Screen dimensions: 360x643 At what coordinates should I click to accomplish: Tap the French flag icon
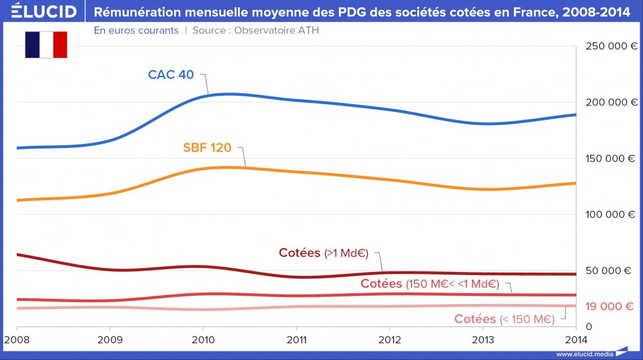(x=46, y=44)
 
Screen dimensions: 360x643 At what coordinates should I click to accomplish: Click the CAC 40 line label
(x=170, y=75)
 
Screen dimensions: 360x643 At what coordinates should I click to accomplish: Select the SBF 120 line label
(x=207, y=148)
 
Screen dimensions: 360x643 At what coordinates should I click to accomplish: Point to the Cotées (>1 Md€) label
(x=323, y=253)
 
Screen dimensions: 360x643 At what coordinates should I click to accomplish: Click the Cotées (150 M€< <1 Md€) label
(x=430, y=283)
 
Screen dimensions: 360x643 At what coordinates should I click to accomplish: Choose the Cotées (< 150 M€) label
(x=504, y=319)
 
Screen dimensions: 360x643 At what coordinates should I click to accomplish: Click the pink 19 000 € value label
(x=609, y=307)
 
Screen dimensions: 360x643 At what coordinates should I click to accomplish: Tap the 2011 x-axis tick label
(x=296, y=339)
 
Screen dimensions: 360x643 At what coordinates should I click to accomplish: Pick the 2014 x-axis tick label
(x=575, y=339)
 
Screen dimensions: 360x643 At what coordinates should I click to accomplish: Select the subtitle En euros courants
(x=136, y=30)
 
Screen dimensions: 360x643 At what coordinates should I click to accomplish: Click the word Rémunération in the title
(x=134, y=12)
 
